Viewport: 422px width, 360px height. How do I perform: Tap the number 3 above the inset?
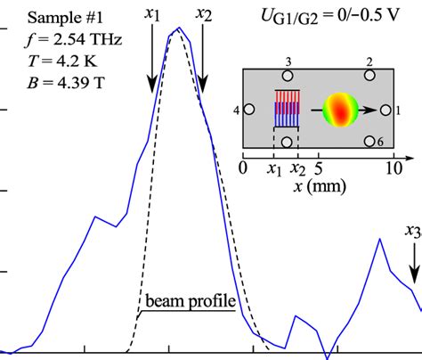287,61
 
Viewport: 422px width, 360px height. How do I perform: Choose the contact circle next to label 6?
368,142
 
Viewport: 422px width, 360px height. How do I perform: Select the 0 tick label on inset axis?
243,168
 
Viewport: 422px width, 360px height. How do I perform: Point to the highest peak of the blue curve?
179,29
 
